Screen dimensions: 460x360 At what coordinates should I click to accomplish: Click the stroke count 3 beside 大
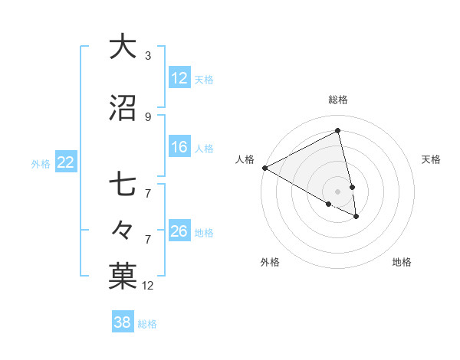tap(148, 55)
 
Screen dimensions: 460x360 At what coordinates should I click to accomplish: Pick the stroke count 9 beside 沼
tap(148, 116)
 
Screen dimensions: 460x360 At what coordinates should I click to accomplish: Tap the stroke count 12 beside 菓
tap(148, 286)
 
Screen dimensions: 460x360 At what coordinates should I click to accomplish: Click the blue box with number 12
tap(179, 78)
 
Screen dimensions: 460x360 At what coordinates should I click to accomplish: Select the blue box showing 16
tap(179, 147)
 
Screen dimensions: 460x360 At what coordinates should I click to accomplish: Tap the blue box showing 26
tap(179, 231)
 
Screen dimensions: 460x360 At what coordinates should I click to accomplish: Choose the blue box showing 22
tap(65, 162)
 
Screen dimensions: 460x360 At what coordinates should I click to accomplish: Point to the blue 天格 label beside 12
tap(204, 79)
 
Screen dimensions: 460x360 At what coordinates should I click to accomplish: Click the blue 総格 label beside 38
tap(147, 324)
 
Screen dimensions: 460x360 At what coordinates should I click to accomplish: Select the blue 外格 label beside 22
tap(41, 163)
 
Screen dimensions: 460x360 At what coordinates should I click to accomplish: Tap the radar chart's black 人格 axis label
tap(245, 159)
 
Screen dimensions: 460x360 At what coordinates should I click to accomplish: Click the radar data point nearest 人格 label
tap(264, 168)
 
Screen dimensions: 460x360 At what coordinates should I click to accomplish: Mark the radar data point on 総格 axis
tap(338, 131)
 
